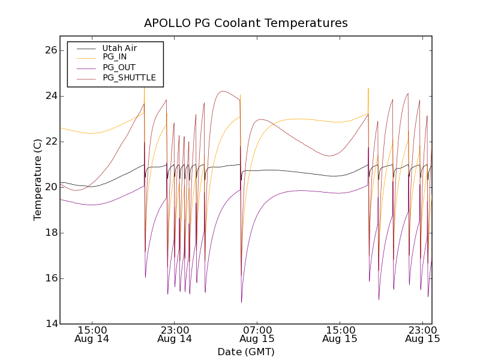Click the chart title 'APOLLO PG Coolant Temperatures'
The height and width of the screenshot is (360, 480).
[245, 23]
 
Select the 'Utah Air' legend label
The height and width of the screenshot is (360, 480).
[119, 48]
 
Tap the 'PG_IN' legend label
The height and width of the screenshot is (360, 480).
[115, 57]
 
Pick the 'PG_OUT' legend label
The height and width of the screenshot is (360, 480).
[118, 67]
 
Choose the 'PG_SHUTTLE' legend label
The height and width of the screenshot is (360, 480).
[129, 77]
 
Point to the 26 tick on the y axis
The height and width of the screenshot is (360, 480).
[50, 50]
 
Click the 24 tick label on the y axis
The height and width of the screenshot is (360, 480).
[50, 96]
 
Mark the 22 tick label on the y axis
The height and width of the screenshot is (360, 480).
[50, 142]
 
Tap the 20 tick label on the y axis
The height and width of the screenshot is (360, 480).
[50, 187]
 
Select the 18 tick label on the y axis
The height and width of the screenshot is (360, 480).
[50, 233]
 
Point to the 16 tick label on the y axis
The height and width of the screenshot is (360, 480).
[50, 278]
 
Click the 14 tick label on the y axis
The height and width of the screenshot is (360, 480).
[50, 324]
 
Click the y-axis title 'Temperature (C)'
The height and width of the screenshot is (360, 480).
[38, 179]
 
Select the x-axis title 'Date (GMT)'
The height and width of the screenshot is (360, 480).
[245, 352]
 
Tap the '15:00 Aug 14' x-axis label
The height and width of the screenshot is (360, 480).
[92, 334]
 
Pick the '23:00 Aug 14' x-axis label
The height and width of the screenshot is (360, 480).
[175, 334]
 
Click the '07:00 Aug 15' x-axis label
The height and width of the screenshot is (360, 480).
[257, 334]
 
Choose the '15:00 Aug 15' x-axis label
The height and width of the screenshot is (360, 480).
[340, 334]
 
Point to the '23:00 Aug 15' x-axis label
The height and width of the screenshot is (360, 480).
[423, 334]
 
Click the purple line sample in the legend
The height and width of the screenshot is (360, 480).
[84, 68]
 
